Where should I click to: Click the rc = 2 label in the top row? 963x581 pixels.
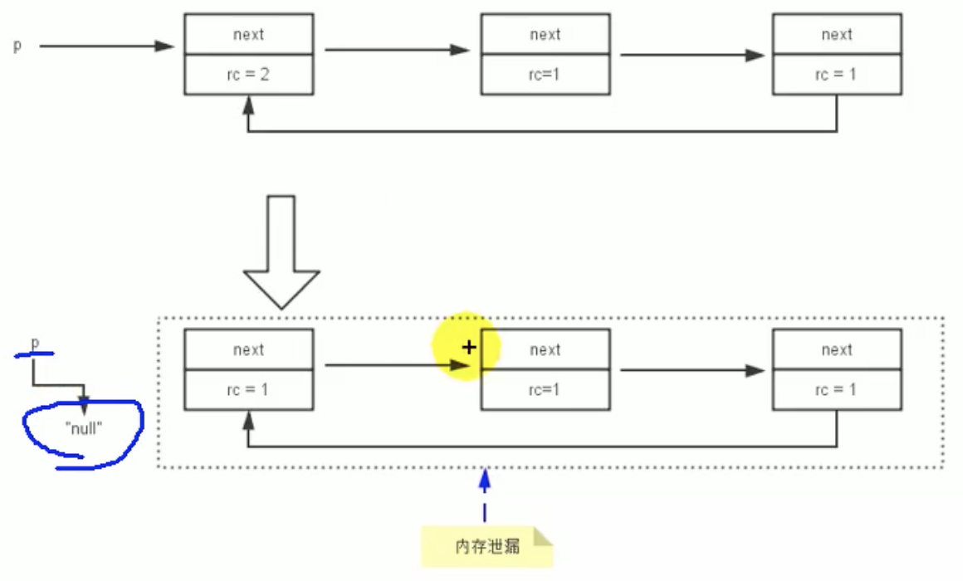pos(248,75)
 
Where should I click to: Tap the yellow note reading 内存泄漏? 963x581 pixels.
pos(487,546)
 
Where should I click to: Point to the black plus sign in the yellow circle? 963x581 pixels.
pos(469,348)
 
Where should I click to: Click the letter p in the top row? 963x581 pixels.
pos(17,46)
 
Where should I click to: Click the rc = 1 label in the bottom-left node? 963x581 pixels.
pos(248,390)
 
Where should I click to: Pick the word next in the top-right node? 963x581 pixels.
pos(836,35)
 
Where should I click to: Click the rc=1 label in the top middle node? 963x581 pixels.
pos(545,75)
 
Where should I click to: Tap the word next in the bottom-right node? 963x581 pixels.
pos(836,350)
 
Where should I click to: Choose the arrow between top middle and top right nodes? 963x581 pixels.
pos(692,56)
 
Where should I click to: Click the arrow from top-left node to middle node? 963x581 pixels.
pos(397,50)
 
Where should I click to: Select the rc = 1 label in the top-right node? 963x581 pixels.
pos(836,75)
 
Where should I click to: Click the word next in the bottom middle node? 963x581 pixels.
pos(545,350)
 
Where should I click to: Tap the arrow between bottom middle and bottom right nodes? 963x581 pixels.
pos(692,371)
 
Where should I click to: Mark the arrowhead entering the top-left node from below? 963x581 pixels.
pos(247,103)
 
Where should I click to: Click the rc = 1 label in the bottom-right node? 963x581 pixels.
pos(836,390)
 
